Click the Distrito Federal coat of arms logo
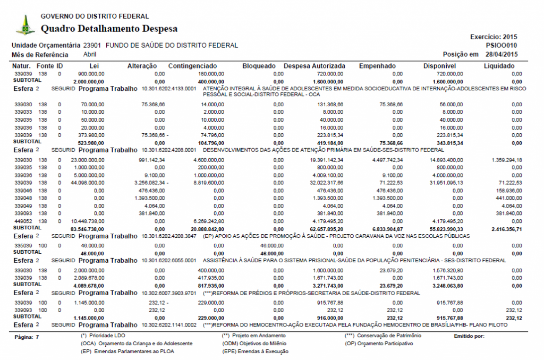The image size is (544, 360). pyautogui.click(x=24, y=25)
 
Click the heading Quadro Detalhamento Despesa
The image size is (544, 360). pyautogui.click(x=109, y=29)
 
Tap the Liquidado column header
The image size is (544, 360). pyautogui.click(x=499, y=66)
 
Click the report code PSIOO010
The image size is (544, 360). pyautogui.click(x=501, y=46)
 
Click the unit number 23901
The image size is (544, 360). pyautogui.click(x=92, y=46)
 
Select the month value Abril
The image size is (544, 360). pyautogui.click(x=90, y=54)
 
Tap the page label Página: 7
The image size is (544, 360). pyautogui.click(x=27, y=337)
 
